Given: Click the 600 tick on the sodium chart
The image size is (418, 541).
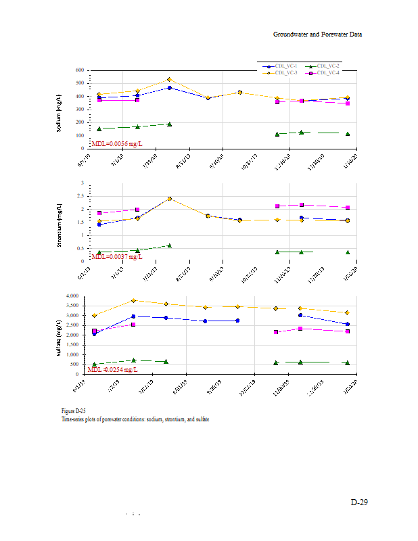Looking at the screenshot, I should [x=80, y=70].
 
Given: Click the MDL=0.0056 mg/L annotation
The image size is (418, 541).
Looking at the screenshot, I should [x=116, y=143].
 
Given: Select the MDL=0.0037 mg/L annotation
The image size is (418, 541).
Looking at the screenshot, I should [x=116, y=257].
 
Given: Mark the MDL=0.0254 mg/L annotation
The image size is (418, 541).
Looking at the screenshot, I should [x=114, y=369].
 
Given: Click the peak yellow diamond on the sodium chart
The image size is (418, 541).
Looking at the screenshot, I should [x=169, y=80].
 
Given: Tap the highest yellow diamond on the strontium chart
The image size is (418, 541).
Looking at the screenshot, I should [x=169, y=199].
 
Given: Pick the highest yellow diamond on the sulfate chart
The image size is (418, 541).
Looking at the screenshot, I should [x=134, y=300].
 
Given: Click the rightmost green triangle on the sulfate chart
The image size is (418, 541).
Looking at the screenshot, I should [x=347, y=362].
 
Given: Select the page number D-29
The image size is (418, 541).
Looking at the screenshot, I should [x=358, y=502].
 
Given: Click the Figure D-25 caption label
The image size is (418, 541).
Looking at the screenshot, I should [x=72, y=411].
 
